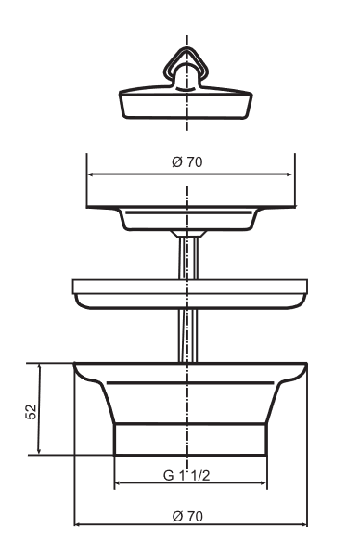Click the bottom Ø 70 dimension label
point(188,516)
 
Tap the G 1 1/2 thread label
point(188,476)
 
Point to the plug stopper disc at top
point(188,101)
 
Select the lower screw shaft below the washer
point(188,336)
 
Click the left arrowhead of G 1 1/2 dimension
point(118,485)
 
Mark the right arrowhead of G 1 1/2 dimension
point(267,485)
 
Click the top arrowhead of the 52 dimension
point(39,367)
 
